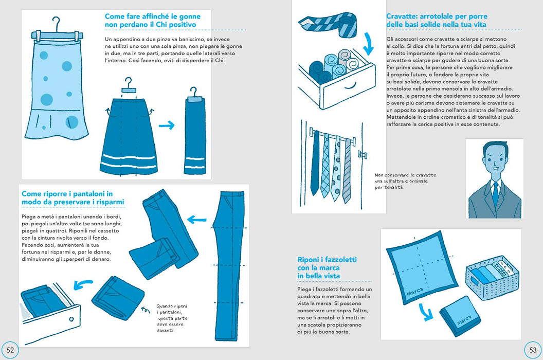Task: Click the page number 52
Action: click(x=10, y=350)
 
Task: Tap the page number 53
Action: click(x=533, y=350)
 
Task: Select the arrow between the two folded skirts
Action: click(x=167, y=125)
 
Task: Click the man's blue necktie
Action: click(x=496, y=194)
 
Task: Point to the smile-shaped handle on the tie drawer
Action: click(x=350, y=85)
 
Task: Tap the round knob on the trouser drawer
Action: click(x=71, y=319)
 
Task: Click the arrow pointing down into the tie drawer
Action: click(x=369, y=44)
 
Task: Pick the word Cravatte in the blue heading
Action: click(x=402, y=16)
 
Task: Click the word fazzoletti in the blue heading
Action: click(x=337, y=260)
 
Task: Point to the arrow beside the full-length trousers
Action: click(x=197, y=219)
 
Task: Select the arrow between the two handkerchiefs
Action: click(x=426, y=312)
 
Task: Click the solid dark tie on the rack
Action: click(x=315, y=163)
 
